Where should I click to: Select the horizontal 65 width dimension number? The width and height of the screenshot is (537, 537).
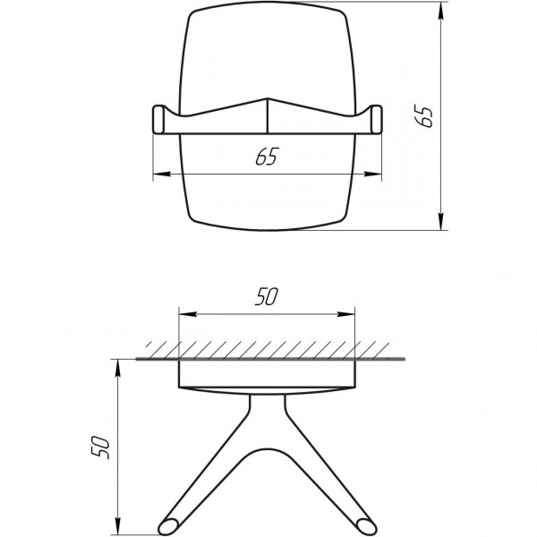coord(265,158)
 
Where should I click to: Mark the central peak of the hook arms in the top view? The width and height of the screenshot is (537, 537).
coord(267,99)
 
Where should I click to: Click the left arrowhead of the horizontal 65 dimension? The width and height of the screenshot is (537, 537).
coord(158,174)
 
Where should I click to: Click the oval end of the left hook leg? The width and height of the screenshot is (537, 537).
coord(167,521)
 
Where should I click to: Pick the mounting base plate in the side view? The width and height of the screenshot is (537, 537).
coord(267,376)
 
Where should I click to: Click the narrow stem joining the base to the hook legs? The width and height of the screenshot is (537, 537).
coord(267,412)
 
